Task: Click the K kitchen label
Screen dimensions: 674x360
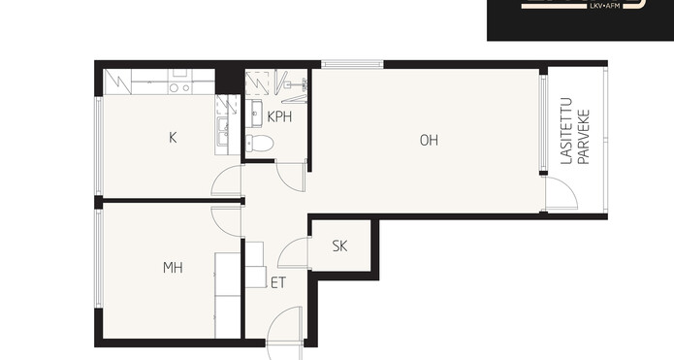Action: (173, 138)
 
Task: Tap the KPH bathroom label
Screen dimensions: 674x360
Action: (279, 116)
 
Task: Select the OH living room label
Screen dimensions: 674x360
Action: (429, 140)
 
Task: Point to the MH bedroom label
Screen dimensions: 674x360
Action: (173, 268)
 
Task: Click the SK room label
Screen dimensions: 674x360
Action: (339, 246)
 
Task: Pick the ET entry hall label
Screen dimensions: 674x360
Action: (278, 282)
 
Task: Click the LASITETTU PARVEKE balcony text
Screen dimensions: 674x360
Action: (575, 131)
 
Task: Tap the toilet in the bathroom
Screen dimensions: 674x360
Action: (259, 144)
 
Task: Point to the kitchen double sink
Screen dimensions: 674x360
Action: (222, 132)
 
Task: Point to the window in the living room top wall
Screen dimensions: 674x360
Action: (352, 64)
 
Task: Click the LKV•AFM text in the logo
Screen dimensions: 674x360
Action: (603, 6)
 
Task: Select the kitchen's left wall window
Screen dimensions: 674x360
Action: (99, 146)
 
